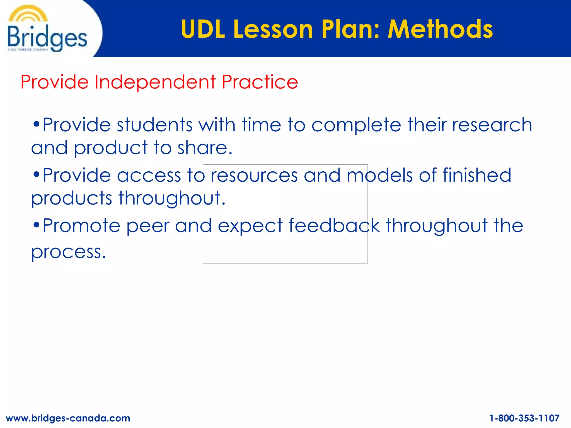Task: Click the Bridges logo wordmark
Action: point(47,38)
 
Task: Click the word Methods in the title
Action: point(440,29)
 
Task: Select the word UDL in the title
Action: point(203,29)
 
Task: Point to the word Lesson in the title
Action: point(273,29)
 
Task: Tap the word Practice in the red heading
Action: point(260,82)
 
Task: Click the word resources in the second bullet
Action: point(254,175)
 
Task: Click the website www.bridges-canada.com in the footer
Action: point(68,418)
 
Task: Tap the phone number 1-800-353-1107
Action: point(524,418)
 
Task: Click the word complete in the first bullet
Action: point(356,125)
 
